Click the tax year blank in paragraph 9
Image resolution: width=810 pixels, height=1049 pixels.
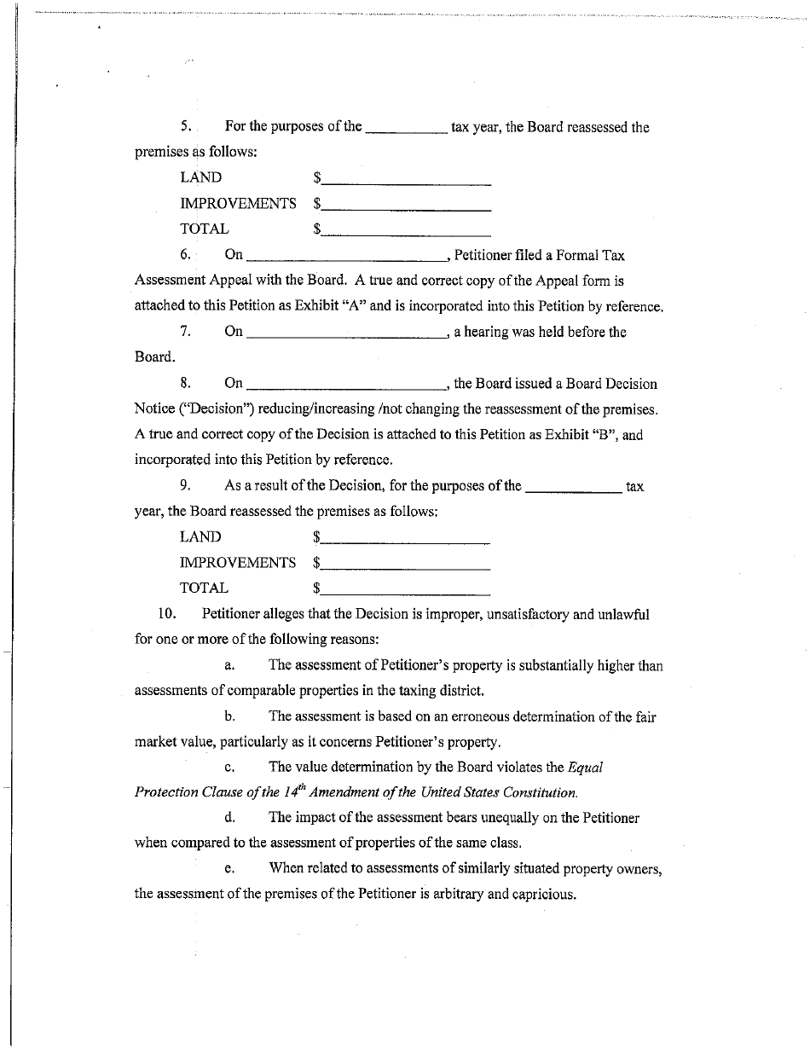pos(573,488)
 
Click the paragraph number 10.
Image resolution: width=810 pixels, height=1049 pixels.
pos(166,614)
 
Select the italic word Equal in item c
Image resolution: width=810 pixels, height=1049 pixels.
pos(585,767)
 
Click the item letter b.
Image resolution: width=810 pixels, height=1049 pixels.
pos(230,716)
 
